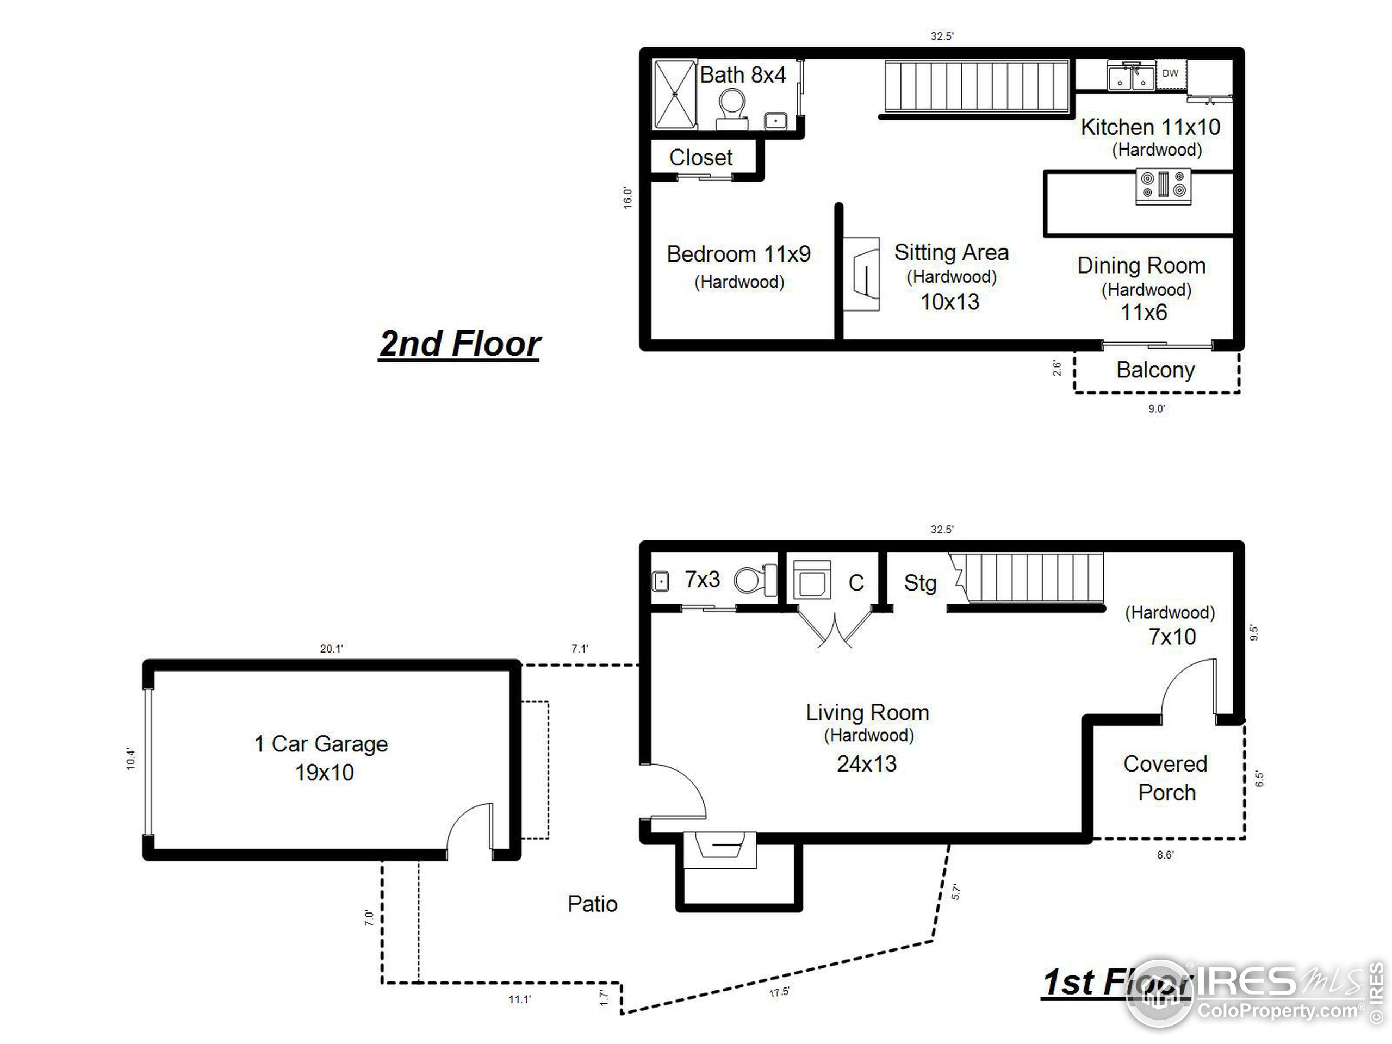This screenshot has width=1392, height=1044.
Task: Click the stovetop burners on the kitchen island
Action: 1164,187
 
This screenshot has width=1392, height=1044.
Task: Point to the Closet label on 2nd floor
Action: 700,157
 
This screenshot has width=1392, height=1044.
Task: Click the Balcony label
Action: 1155,370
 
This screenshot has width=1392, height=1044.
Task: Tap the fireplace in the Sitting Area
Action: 861,274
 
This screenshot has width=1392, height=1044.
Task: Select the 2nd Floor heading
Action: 460,344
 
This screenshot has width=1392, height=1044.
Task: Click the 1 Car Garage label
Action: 321,744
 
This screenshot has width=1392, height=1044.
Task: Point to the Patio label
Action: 592,904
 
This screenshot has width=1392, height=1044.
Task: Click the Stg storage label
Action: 920,583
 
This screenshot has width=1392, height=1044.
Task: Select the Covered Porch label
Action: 1165,778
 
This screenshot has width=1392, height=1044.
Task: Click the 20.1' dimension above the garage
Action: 332,649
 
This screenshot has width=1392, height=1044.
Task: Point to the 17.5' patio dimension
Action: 779,992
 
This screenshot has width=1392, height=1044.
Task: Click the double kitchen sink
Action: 1131,77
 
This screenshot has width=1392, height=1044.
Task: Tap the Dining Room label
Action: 1141,265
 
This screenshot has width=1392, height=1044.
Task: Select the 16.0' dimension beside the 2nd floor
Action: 627,197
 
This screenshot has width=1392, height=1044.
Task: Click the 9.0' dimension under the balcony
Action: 1156,409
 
